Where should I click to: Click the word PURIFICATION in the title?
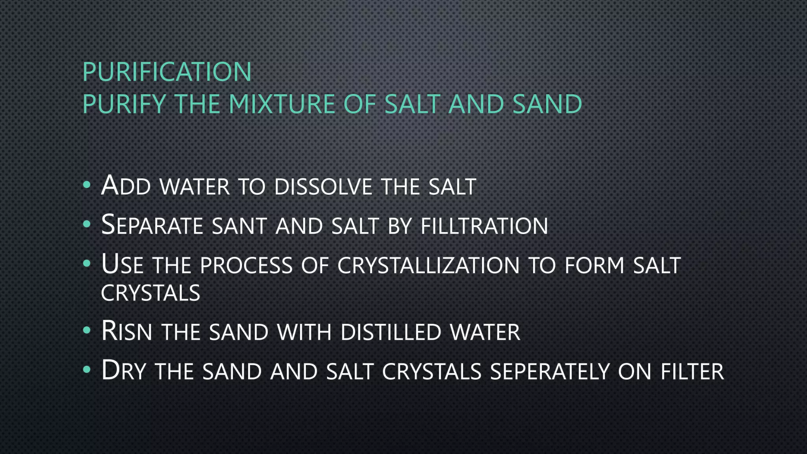click(x=167, y=72)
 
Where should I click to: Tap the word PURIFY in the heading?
click(x=124, y=104)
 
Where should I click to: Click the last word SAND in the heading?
click(x=547, y=104)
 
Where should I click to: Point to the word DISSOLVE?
click(x=323, y=186)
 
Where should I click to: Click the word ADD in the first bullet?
click(x=126, y=186)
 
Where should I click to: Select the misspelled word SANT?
click(x=239, y=226)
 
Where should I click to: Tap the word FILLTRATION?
click(x=484, y=226)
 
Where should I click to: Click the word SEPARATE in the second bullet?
click(x=152, y=225)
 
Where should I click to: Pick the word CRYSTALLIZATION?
click(x=428, y=265)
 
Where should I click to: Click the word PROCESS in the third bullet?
click(x=246, y=265)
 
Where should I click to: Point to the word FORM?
click(x=594, y=265)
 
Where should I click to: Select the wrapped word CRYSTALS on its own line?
click(x=151, y=293)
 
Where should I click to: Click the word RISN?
click(x=126, y=331)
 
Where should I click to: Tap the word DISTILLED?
click(x=390, y=332)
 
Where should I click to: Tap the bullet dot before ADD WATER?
click(x=87, y=184)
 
